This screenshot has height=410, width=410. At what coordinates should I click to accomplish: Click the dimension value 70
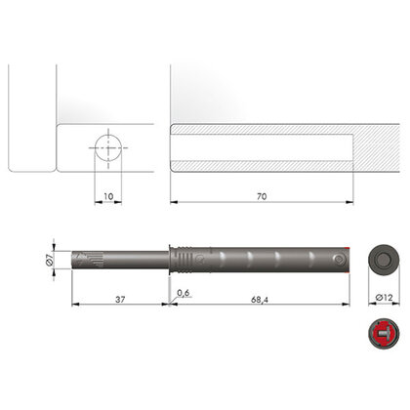click(260, 195)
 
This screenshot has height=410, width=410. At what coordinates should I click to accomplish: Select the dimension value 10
click(108, 195)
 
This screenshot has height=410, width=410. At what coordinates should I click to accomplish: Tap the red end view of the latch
click(382, 335)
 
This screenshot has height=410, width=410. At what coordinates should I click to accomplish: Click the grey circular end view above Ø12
click(382, 260)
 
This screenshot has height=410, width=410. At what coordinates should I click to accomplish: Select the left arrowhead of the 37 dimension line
click(76, 304)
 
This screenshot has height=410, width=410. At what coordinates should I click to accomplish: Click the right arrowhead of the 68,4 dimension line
click(350, 304)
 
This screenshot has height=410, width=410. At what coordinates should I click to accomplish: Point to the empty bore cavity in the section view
click(259, 149)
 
